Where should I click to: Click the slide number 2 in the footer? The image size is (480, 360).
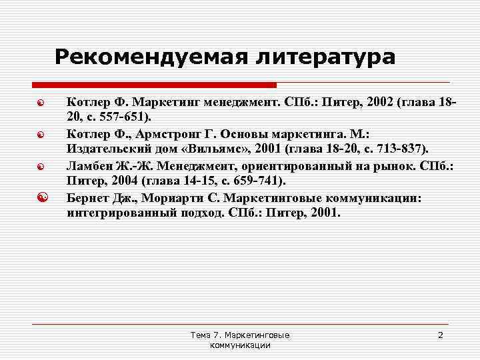(440, 335)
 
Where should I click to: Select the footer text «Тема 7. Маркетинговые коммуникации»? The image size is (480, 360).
(240, 339)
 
